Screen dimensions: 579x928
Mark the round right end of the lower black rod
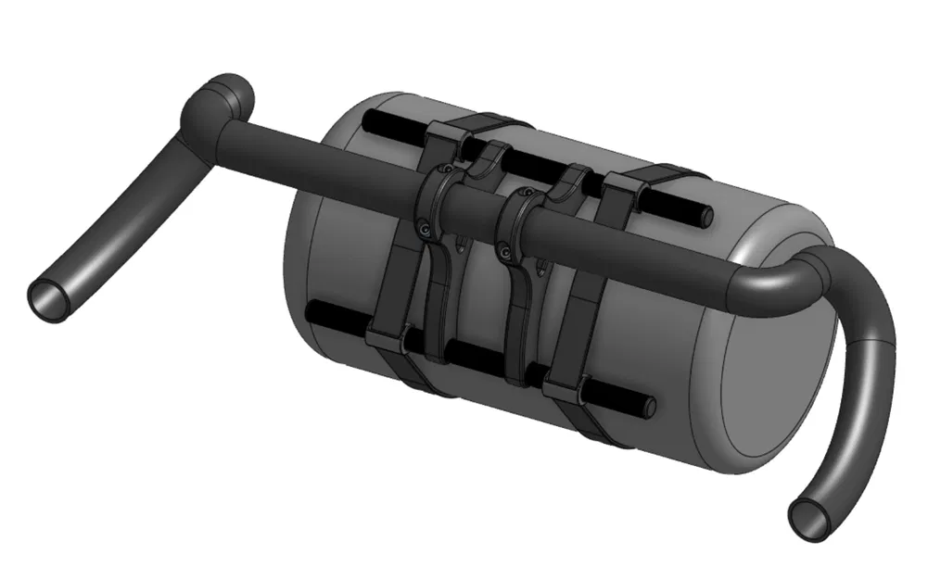(x=649, y=406)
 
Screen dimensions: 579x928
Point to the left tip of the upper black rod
(x=371, y=120)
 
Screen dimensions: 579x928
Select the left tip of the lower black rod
(x=316, y=311)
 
